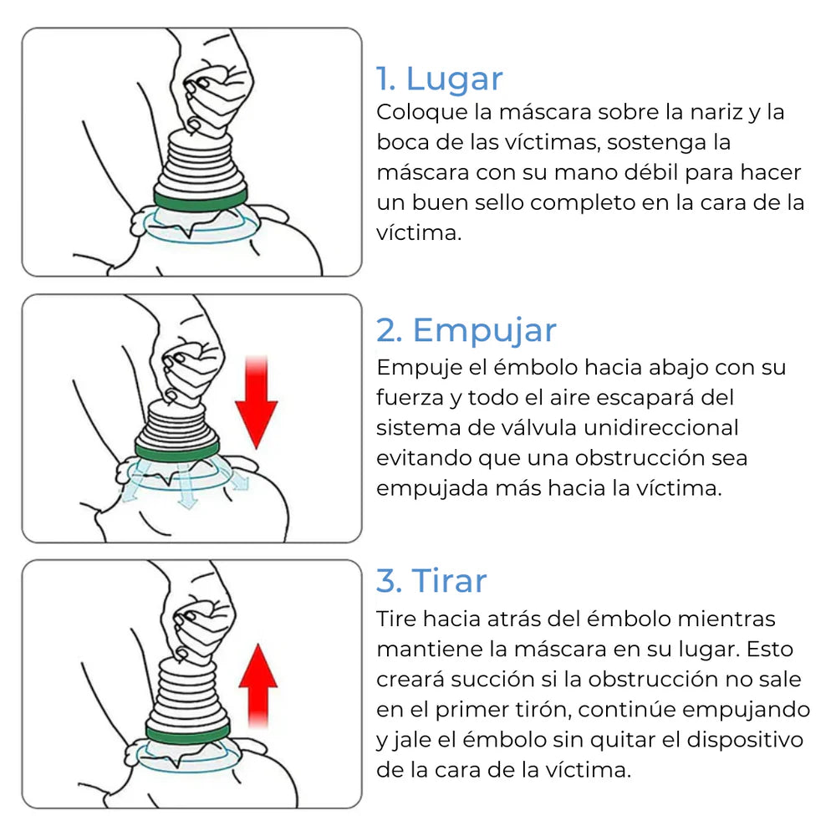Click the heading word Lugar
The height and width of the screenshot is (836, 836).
(x=454, y=79)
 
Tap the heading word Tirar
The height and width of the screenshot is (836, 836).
(x=449, y=581)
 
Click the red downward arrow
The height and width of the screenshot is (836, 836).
(x=257, y=402)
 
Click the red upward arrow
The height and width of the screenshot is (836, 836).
(x=258, y=686)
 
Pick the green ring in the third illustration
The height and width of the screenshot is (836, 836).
(x=187, y=733)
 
